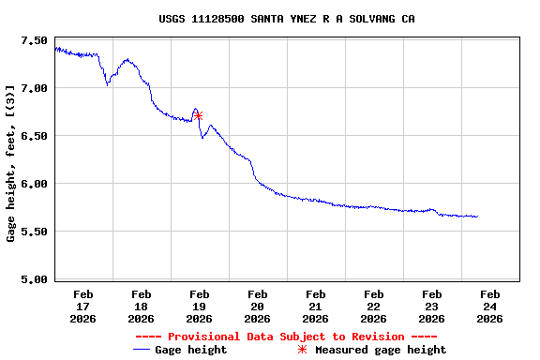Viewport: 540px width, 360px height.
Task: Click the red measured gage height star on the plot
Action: (x=198, y=116)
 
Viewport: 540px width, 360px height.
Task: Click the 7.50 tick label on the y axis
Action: (x=33, y=41)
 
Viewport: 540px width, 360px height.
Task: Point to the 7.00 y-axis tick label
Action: (x=33, y=88)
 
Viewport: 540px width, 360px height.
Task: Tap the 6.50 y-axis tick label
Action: (x=33, y=136)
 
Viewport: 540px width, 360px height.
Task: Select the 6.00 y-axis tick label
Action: (x=33, y=184)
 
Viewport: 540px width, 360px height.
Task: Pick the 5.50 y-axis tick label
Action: (x=33, y=232)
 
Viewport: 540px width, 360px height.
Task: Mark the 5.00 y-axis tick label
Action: (x=33, y=279)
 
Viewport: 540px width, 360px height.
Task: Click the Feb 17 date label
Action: (x=82, y=306)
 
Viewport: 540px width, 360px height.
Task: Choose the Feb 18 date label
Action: (x=141, y=306)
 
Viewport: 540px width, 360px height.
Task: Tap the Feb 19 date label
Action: (x=199, y=306)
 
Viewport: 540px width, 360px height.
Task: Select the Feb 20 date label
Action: (x=257, y=306)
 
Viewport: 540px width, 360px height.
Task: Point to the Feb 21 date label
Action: (x=315, y=306)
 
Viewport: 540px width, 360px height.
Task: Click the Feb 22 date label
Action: (x=373, y=306)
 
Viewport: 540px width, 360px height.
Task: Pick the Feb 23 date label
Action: (x=431, y=306)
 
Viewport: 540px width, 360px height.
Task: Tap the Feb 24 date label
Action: (x=489, y=306)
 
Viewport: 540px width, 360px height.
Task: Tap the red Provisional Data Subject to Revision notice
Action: (x=286, y=337)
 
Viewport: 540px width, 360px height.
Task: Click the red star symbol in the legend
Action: (x=302, y=350)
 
